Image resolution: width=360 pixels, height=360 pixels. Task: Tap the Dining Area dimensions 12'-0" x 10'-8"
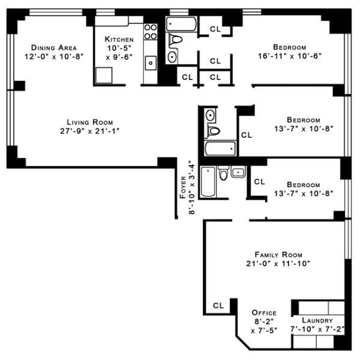[x=54, y=56]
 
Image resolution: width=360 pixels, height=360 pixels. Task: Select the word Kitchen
[x=119, y=39]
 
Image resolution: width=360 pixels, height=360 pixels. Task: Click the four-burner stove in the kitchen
[x=151, y=32]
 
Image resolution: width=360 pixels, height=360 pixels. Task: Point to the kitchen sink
[x=151, y=63]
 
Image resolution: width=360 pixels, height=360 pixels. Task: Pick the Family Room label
[x=278, y=254]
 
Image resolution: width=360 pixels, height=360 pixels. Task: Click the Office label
[x=264, y=313]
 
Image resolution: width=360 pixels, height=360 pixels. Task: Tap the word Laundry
[x=317, y=320]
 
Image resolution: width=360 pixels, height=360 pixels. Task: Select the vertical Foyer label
[x=183, y=187]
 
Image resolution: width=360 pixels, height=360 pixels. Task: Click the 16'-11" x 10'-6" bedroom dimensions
[x=290, y=56]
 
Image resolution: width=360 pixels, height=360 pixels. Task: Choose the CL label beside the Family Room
[x=218, y=305]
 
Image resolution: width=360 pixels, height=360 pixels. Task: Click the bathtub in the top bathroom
[x=181, y=24]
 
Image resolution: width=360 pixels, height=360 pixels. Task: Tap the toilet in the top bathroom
[x=175, y=40]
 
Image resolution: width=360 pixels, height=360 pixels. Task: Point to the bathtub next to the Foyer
[x=208, y=182]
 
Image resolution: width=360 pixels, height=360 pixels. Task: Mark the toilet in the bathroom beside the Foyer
[x=223, y=173]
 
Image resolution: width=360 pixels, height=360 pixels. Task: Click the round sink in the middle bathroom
[x=211, y=115]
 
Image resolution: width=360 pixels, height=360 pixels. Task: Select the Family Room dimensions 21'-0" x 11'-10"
[x=278, y=263]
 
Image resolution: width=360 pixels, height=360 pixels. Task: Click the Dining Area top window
[x=56, y=12]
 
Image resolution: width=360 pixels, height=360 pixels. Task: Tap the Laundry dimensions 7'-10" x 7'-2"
[x=317, y=329]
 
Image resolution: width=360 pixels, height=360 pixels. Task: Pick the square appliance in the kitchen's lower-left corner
[x=104, y=76]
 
